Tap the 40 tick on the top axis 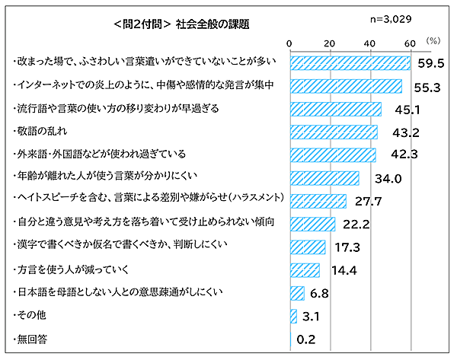tap(369, 43)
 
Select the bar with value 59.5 tap(350, 62)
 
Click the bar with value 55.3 tap(347, 86)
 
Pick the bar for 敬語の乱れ tap(334, 132)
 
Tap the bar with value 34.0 tap(324, 179)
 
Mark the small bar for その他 tap(293, 315)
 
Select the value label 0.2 tap(306, 339)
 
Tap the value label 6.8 tap(320, 292)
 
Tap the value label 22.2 tap(356, 225)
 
